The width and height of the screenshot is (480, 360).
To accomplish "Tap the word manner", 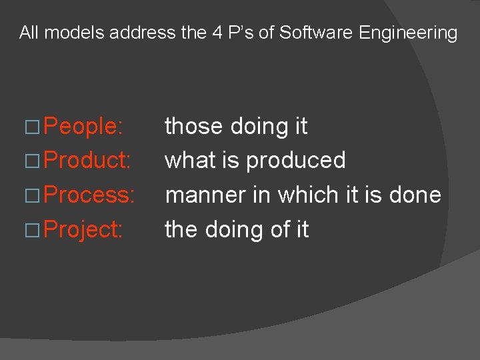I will (x=208, y=195).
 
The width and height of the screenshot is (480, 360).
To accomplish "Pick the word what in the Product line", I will (x=190, y=161).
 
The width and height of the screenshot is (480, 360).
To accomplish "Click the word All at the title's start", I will (x=29, y=32).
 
